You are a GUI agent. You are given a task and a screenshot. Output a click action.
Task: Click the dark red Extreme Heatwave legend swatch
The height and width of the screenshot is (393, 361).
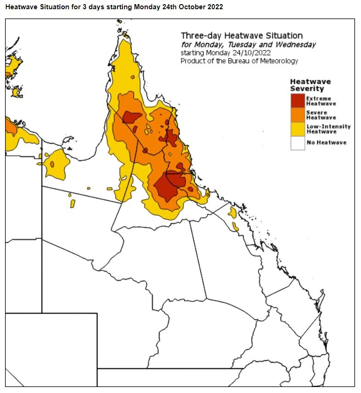click(297, 100)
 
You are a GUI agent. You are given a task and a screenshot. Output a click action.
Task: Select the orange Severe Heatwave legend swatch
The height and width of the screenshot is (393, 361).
click(297, 115)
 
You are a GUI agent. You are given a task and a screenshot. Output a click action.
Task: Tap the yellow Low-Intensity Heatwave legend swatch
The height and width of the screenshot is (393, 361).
click(297, 129)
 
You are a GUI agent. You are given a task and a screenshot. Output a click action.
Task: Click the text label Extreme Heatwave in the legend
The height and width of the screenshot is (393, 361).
click(321, 101)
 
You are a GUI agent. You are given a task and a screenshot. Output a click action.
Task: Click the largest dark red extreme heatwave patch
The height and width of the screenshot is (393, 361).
click(168, 187)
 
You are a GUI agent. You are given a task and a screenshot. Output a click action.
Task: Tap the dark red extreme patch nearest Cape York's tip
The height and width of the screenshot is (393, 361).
click(132, 117)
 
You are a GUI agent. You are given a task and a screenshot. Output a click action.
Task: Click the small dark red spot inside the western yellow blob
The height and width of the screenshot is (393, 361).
click(52, 164)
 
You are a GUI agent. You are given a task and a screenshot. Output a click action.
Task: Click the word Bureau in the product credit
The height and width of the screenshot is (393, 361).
click(232, 61)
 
